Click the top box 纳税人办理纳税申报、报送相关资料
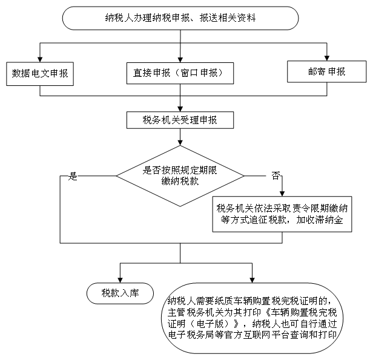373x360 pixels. (180, 18)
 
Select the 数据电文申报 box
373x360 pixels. (40, 74)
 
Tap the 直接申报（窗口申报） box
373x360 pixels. (180, 73)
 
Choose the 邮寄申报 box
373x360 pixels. (327, 71)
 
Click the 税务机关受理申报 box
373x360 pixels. (180, 120)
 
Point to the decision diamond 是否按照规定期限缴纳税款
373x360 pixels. (180, 176)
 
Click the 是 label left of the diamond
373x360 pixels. (73, 176)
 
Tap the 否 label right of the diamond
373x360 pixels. (276, 175)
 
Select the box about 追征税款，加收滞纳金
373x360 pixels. (282, 214)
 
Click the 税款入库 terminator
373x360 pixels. (120, 293)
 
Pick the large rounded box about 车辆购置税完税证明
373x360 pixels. (252, 318)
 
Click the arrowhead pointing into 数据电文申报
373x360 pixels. (40, 59)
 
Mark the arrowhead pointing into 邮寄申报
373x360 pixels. (327, 58)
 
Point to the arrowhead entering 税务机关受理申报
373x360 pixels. (180, 109)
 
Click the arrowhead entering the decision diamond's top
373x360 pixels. (180, 142)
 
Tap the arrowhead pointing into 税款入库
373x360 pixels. (120, 280)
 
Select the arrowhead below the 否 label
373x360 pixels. (282, 194)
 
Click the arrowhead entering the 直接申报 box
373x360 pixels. (180, 60)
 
